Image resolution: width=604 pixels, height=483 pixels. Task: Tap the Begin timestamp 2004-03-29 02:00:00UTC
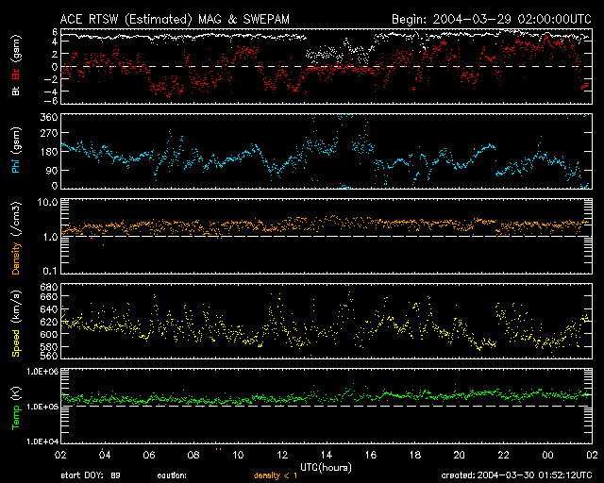pyautogui.click(x=491, y=18)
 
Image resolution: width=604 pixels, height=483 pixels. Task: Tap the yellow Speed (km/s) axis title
pyautogui.click(x=16, y=323)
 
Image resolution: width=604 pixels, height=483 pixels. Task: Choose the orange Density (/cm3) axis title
pyautogui.click(x=16, y=239)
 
